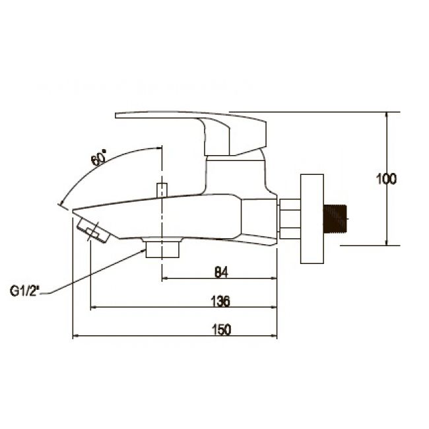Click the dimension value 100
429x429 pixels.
[386, 180]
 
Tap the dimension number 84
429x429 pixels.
[221, 272]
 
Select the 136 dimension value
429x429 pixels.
[220, 301]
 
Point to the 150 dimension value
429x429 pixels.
[221, 330]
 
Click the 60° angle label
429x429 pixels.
[98, 158]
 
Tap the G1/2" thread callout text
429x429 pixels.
[24, 291]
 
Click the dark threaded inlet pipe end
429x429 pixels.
[335, 218]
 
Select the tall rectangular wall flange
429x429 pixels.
[312, 219]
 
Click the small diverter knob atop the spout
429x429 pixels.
[162, 190]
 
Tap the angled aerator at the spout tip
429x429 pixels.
[92, 230]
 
